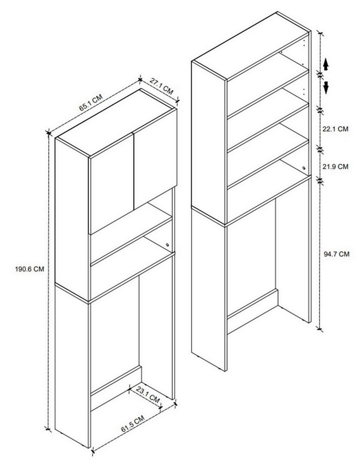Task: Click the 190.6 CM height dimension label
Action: (29, 269)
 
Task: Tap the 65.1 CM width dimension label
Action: (91, 102)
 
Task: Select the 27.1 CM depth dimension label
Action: (161, 86)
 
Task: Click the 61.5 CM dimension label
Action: (133, 424)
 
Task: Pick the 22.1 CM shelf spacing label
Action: (335, 129)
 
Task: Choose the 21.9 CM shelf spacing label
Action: (335, 166)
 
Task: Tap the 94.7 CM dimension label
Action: (336, 254)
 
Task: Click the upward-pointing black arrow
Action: (326, 64)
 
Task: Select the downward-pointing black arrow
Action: (326, 88)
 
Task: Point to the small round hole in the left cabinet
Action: (167, 245)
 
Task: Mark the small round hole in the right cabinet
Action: (304, 168)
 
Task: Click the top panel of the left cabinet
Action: (116, 123)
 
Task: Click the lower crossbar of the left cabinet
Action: (116, 388)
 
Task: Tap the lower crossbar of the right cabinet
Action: (253, 311)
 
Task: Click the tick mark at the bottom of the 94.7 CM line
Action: (320, 329)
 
